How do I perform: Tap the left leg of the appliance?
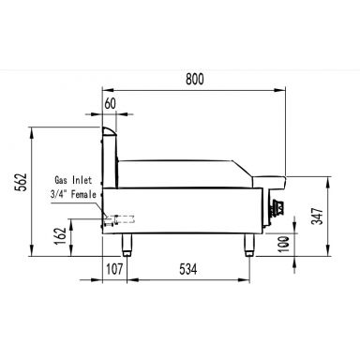coord(127,244)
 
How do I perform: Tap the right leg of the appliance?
coord(249,244)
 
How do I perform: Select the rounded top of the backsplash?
coord(111,132)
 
